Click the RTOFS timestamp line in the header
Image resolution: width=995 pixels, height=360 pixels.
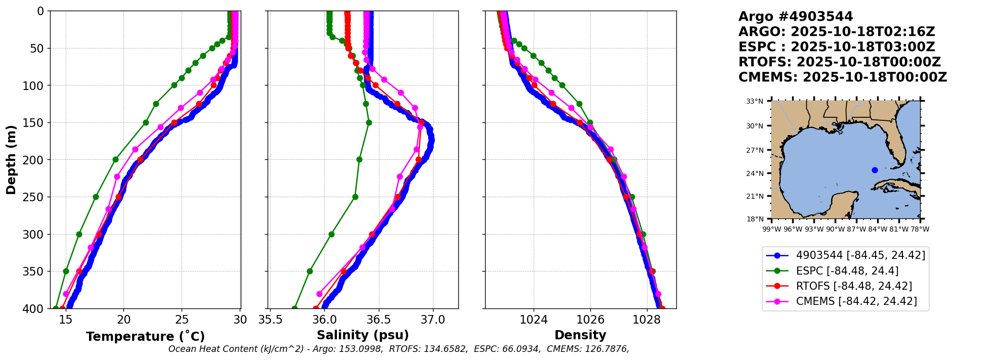point(839,62)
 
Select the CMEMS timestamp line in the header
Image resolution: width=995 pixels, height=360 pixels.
point(842,77)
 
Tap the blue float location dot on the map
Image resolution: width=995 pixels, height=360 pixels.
point(875,170)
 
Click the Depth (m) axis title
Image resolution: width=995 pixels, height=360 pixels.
point(11,159)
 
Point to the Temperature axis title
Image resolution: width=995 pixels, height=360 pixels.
point(145,337)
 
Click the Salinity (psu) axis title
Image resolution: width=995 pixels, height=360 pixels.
point(363,335)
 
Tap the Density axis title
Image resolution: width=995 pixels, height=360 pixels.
point(580,335)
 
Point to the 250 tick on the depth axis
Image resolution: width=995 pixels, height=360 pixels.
point(35,197)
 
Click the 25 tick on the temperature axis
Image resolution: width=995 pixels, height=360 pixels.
point(182,320)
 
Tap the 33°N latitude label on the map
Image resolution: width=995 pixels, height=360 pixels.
point(755,101)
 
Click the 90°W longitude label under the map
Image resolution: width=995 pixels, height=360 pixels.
point(835,229)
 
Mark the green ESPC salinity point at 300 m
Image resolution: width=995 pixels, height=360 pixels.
point(331,234)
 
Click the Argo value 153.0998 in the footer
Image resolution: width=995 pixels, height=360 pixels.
point(362,349)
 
